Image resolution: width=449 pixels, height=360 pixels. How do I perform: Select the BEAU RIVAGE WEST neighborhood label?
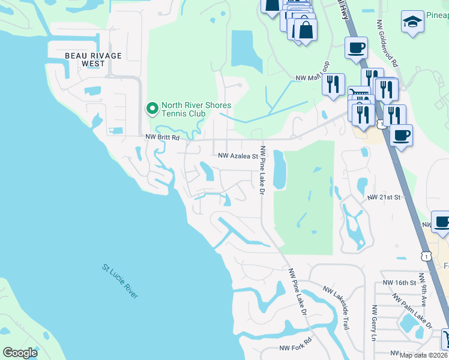click(94, 59)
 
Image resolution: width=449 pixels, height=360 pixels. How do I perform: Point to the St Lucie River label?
click(120, 282)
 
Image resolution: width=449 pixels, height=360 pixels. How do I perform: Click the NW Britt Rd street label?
click(163, 137)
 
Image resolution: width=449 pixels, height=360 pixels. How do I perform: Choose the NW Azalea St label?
click(237, 155)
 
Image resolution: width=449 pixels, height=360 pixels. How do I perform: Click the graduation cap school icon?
click(412, 23)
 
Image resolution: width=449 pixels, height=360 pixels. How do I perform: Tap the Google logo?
click(20, 353)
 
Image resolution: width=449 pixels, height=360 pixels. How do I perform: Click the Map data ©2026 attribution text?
click(423, 355)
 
